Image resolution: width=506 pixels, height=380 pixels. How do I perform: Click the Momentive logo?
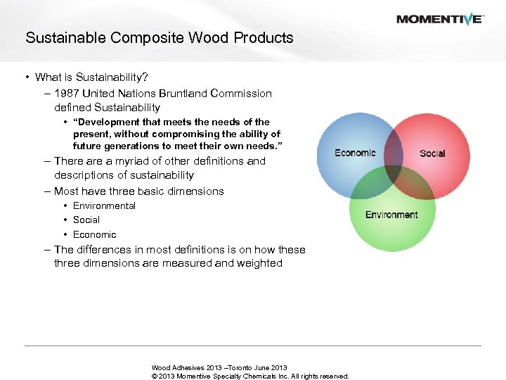point(439,19)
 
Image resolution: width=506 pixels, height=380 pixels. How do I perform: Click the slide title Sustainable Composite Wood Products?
point(159,38)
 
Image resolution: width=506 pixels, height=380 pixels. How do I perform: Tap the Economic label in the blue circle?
point(355,153)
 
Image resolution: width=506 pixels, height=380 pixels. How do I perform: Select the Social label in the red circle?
point(432,153)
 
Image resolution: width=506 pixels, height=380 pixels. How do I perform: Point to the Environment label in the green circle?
point(391,215)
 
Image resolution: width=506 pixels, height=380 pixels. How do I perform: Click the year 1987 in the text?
point(66,94)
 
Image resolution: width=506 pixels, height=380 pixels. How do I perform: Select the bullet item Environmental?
point(104,205)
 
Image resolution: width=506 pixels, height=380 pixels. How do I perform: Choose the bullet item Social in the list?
point(86,220)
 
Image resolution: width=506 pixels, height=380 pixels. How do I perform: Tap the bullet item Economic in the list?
point(94,234)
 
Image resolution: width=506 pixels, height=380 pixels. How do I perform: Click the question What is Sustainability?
point(91,77)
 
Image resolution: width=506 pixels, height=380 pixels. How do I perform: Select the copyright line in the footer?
point(249,376)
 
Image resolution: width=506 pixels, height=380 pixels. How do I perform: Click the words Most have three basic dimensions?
point(138,191)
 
